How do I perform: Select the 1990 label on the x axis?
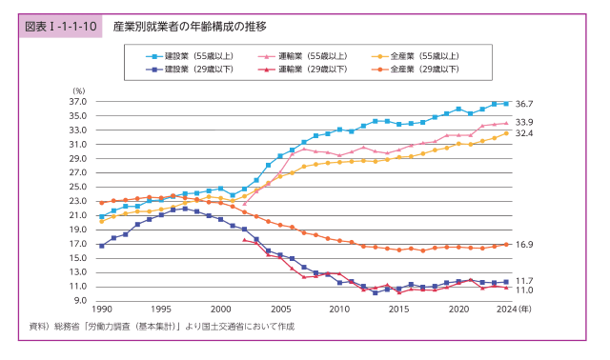coord(101,310)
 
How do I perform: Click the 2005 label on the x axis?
coord(280,310)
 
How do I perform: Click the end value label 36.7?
coord(523,103)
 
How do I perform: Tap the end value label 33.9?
coord(523,123)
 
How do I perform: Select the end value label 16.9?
coord(523,245)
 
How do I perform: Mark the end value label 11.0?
coord(523,290)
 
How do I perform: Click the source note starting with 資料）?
coord(162,327)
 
